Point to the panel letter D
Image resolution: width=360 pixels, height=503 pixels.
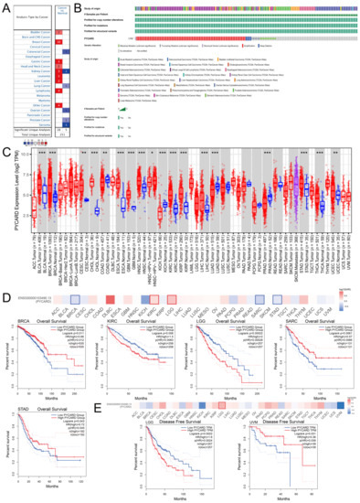click(x=5, y=295)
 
